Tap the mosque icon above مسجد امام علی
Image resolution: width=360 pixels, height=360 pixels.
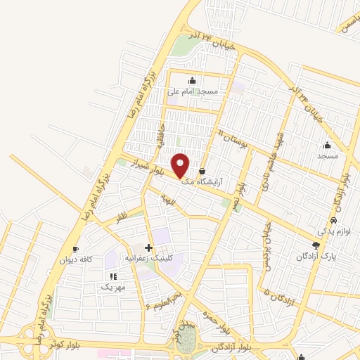(x=192, y=80)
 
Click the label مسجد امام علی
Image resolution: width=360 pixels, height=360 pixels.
(x=193, y=92)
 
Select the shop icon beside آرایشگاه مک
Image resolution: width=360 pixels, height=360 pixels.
(x=202, y=171)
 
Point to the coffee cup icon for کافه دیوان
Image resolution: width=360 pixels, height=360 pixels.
(x=75, y=248)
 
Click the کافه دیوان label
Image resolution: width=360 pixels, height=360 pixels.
(x=75, y=259)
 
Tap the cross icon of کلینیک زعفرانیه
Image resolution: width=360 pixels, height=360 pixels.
(x=148, y=247)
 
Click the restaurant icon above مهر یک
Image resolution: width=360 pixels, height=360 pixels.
(x=112, y=276)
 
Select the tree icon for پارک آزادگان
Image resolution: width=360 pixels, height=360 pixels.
(x=315, y=245)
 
